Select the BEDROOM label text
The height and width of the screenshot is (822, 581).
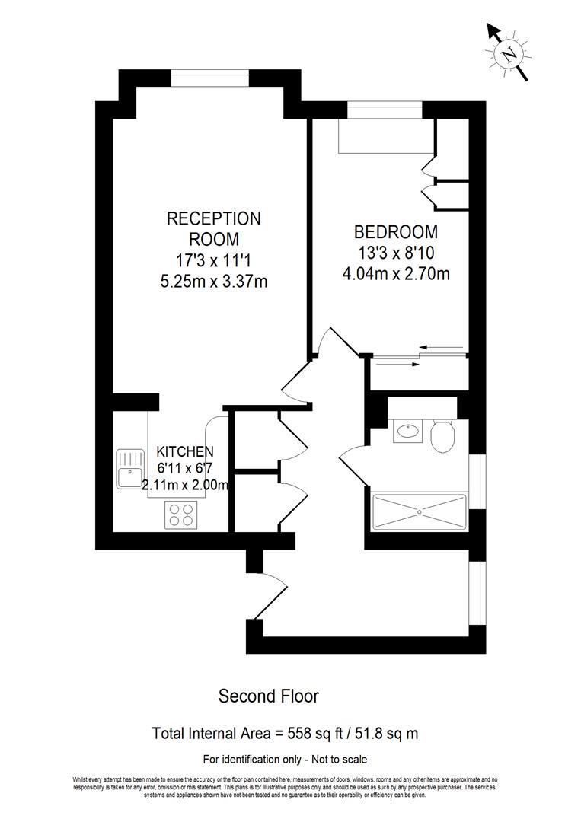point(395,232)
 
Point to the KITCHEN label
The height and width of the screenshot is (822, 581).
point(185,451)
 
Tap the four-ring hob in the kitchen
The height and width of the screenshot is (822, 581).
point(181,515)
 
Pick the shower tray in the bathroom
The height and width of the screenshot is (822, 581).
point(419,512)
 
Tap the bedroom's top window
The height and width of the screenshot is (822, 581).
point(385,111)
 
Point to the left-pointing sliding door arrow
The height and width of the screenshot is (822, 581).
point(442,348)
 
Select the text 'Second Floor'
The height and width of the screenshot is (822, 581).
point(268,696)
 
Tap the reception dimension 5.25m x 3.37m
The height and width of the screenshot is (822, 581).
point(213,282)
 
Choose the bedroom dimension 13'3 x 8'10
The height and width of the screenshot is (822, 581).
point(395,252)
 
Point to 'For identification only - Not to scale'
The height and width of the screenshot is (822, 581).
point(285,760)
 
